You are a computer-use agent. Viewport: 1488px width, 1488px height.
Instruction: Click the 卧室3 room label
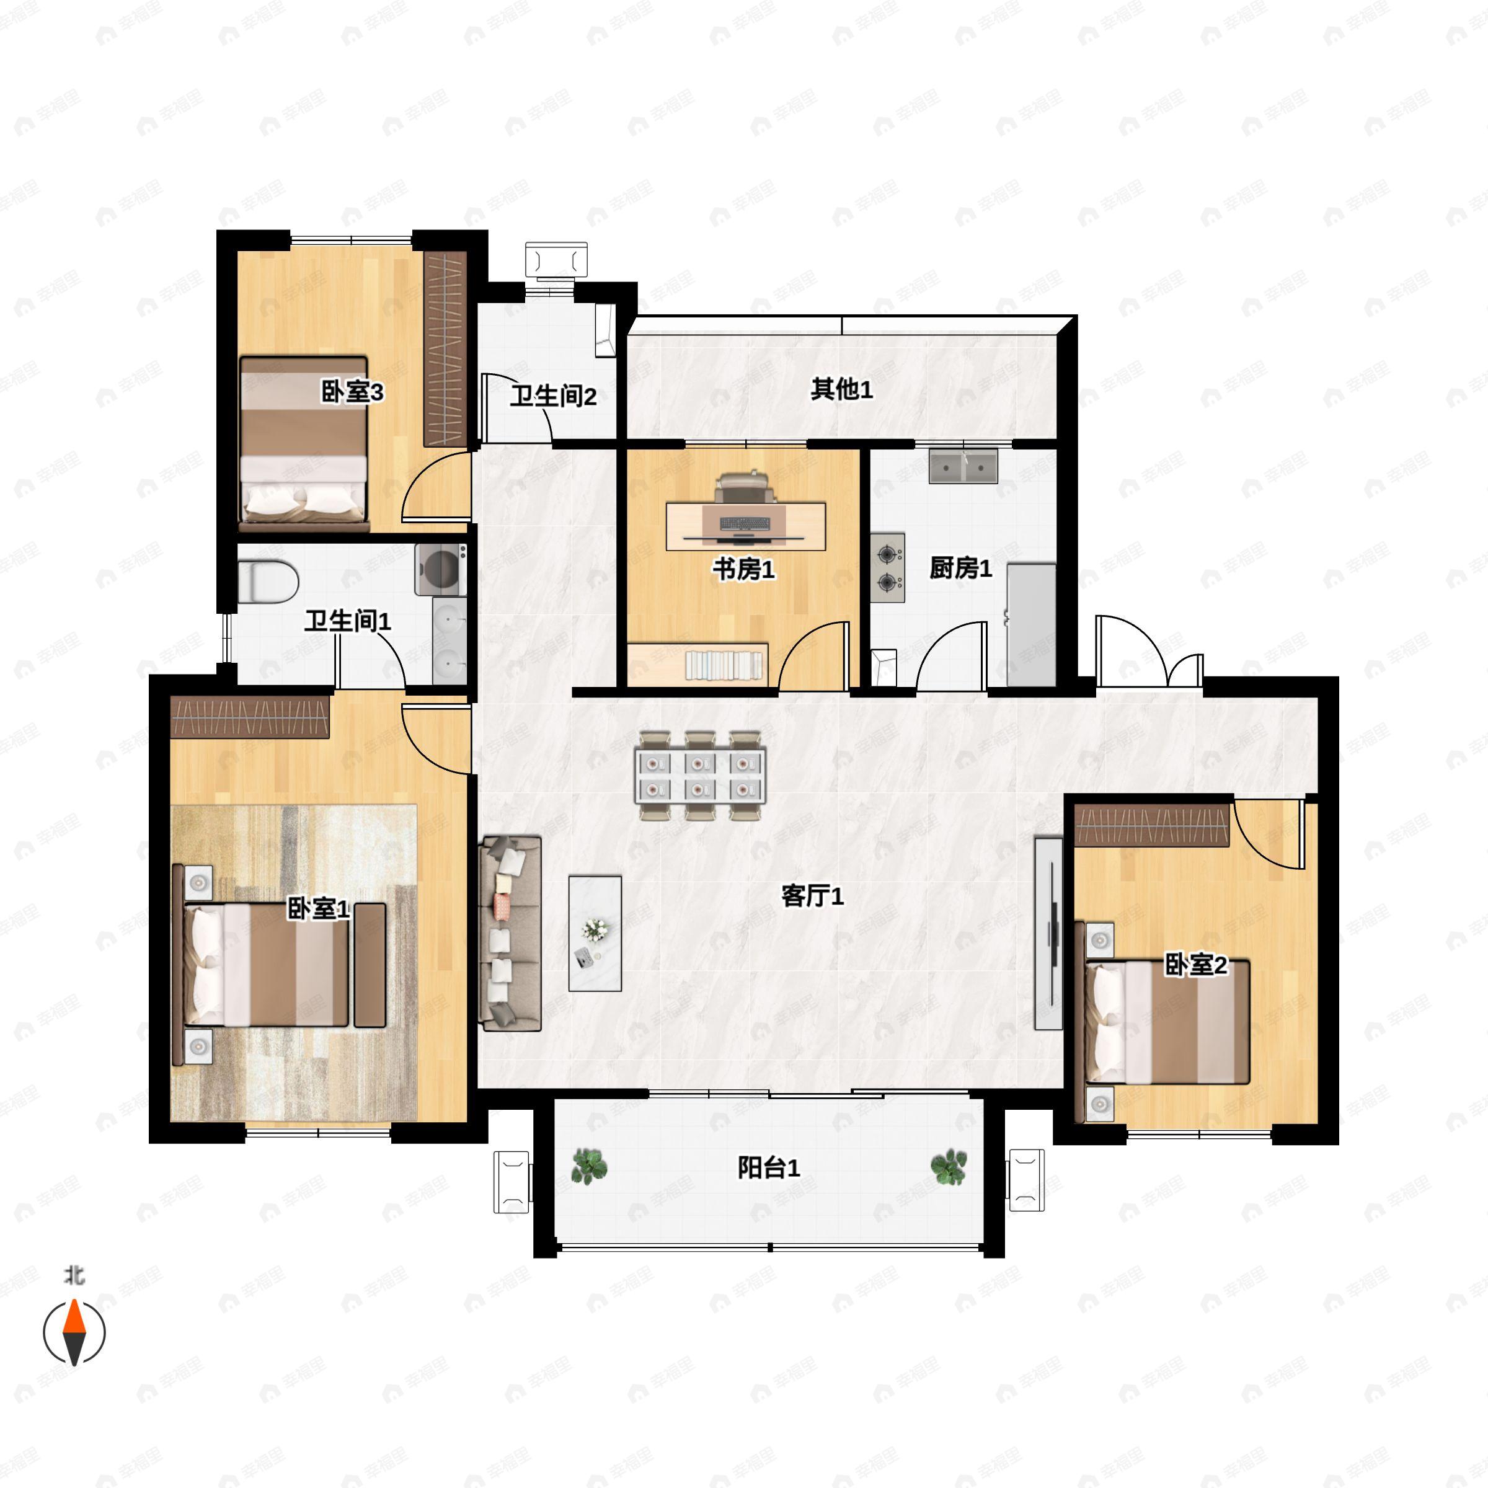352,393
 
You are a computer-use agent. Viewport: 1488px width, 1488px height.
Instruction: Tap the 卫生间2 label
553,397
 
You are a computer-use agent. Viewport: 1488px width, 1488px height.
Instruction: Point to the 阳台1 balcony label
769,1167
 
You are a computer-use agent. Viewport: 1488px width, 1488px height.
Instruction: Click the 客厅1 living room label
813,896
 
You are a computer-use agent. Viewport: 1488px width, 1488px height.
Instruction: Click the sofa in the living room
510,934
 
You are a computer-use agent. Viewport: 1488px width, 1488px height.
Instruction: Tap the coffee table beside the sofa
595,934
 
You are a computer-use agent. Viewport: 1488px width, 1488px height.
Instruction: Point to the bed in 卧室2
1167,1021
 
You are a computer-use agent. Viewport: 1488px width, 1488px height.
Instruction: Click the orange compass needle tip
74,1300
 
